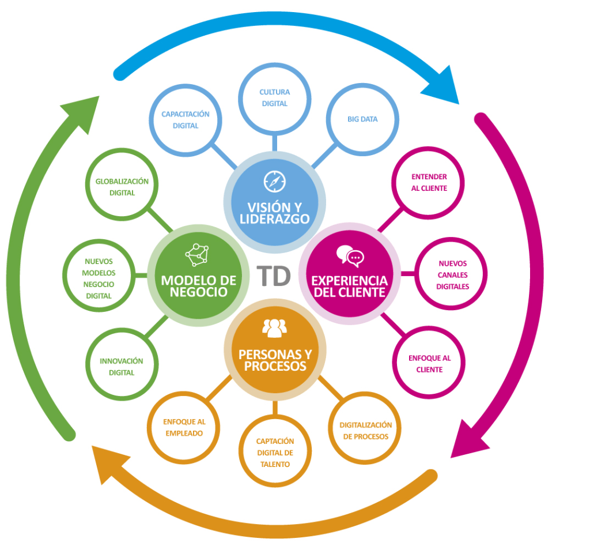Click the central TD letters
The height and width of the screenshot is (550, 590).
click(x=274, y=276)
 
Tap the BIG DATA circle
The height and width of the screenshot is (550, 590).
click(x=362, y=119)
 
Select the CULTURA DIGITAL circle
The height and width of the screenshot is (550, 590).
click(x=275, y=98)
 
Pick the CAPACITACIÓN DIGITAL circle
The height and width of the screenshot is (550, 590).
click(x=185, y=120)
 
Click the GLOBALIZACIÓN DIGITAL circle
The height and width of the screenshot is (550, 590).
click(x=122, y=187)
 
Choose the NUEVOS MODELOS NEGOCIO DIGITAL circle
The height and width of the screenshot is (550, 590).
click(x=98, y=278)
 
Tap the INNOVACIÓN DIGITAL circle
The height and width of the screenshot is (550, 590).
click(x=122, y=367)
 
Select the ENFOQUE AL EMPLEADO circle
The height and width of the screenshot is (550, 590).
click(x=184, y=427)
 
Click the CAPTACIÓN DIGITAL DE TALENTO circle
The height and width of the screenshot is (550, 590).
click(x=275, y=452)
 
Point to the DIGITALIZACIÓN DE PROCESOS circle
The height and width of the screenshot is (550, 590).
click(x=365, y=430)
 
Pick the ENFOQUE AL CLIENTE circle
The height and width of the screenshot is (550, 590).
click(x=429, y=364)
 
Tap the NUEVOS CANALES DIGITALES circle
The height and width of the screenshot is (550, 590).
click(x=452, y=274)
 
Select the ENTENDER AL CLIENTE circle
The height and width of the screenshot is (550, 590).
click(x=429, y=182)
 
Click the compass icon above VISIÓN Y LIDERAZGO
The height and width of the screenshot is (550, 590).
click(x=275, y=181)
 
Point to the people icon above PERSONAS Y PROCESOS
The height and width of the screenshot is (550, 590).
click(x=275, y=328)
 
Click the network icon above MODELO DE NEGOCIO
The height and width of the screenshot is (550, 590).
click(x=196, y=254)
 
